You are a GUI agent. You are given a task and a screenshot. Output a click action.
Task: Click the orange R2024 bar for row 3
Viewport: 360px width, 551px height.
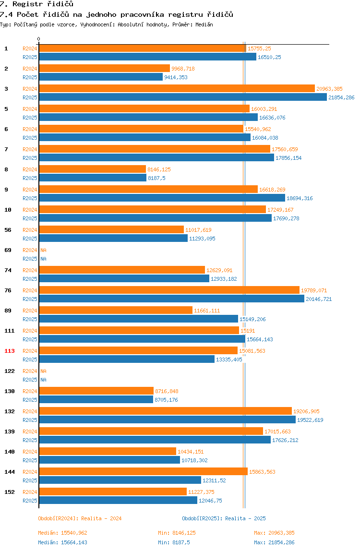(177, 88)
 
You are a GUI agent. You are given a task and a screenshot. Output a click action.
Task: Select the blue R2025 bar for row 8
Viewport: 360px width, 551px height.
(93, 178)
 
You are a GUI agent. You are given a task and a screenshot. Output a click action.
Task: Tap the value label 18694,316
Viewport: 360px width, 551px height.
(300, 198)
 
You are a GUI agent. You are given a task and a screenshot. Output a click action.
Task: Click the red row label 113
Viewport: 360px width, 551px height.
(10, 351)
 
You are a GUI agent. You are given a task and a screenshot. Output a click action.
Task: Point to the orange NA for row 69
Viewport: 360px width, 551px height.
(43, 250)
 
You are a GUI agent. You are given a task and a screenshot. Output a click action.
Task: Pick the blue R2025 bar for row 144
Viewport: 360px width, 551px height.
(120, 480)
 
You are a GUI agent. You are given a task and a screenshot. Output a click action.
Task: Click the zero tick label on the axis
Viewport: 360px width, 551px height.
(39, 39)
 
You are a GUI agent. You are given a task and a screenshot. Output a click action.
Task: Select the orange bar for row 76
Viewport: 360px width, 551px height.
(169, 290)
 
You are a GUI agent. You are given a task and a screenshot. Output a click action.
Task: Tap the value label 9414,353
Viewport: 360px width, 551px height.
(176, 77)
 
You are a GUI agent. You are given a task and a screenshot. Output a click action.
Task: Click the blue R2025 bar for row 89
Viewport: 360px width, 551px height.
(139, 319)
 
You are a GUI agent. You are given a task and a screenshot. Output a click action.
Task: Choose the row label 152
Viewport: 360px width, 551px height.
(10, 492)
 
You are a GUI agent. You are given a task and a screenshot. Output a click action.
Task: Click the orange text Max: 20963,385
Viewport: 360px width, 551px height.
(274, 533)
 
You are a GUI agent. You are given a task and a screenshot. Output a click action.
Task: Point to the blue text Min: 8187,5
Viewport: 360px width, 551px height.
(174, 542)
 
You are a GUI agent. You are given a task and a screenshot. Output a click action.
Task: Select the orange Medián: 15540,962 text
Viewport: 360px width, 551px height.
(62, 533)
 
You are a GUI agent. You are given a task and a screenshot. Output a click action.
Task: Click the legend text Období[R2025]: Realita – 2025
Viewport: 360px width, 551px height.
(224, 518)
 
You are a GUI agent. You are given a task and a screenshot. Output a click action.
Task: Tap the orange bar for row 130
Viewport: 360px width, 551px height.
(96, 391)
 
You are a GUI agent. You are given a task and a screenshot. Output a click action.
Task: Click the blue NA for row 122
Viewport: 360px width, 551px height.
(43, 380)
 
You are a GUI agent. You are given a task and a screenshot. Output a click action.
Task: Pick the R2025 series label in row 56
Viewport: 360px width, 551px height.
(30, 239)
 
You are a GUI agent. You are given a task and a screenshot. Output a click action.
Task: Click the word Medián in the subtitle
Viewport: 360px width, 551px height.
(204, 24)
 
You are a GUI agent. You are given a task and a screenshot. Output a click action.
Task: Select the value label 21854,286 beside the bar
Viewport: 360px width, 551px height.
(341, 97)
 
